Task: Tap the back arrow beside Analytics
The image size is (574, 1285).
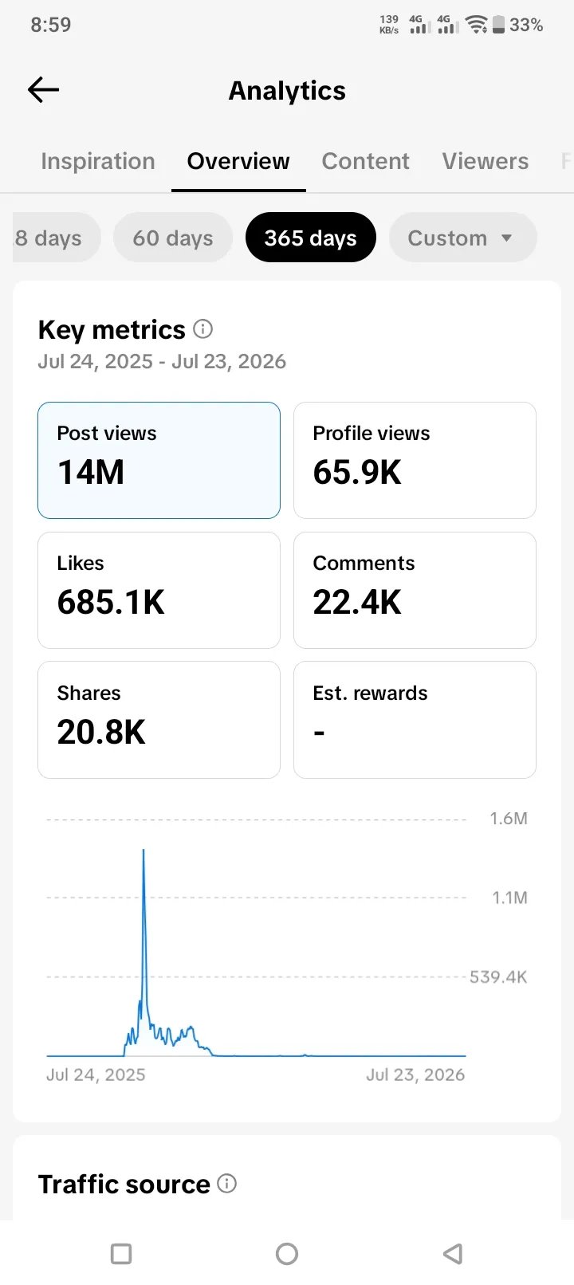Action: coord(44,89)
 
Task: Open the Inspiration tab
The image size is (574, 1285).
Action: coord(98,161)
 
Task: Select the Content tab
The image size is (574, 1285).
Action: coord(366,161)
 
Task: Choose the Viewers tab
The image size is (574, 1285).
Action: coord(485,161)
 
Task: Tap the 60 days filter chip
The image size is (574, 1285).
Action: coord(173,238)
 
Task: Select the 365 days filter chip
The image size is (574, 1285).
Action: coord(311,238)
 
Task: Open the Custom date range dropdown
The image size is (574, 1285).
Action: coord(462,238)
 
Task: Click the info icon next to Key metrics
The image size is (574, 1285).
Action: coord(202,329)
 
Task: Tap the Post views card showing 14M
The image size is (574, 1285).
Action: coord(159,460)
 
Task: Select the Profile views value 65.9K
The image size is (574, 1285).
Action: coord(357,472)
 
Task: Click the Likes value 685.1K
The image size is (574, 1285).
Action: coord(111,603)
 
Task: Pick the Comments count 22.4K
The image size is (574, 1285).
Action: coord(357,603)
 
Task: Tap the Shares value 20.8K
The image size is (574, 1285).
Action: coord(101,732)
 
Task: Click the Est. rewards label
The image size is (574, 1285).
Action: coord(370,693)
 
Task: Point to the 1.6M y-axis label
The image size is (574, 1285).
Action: coord(509,818)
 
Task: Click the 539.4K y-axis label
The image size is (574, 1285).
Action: coord(498,977)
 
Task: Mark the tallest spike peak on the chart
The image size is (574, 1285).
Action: coord(143,851)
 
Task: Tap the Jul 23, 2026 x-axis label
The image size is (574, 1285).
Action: coord(415,1074)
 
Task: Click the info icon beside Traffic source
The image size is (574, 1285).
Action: coord(226,1183)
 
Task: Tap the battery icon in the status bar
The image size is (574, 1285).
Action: coord(499,24)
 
